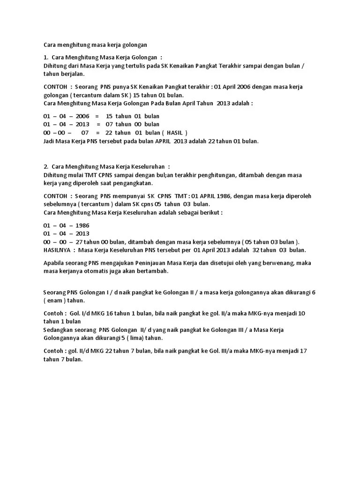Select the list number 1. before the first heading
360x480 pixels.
(x=45, y=58)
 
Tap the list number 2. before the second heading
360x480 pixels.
(x=45, y=166)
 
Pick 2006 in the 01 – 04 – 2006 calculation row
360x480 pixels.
(x=82, y=116)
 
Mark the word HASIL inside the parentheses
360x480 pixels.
(x=176, y=133)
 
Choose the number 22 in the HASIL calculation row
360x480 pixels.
(x=110, y=133)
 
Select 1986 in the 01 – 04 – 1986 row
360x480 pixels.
(x=82, y=225)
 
